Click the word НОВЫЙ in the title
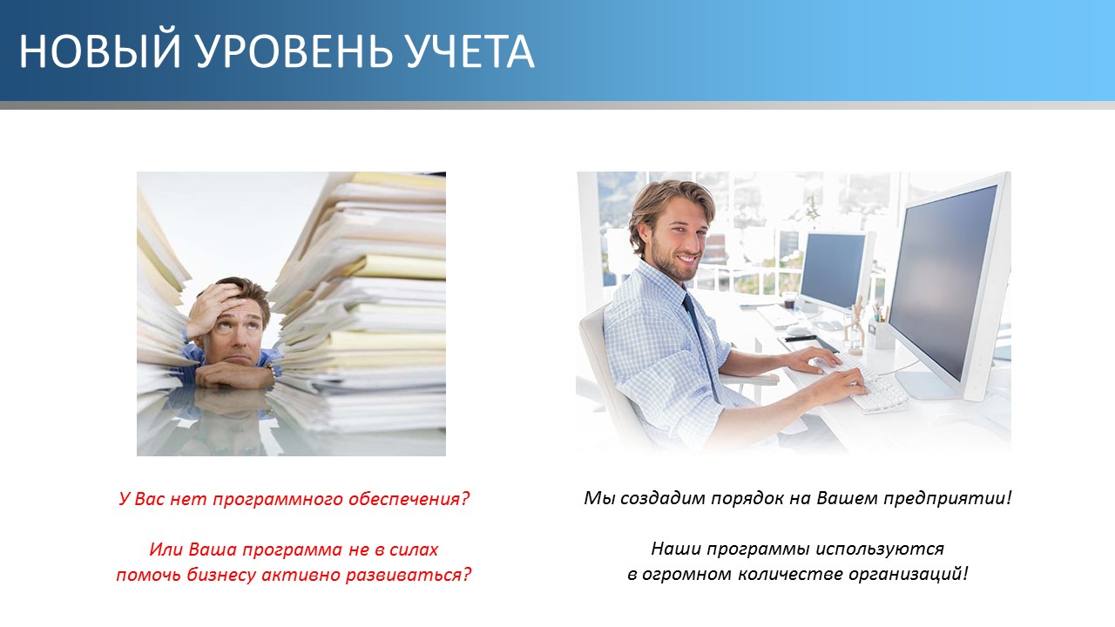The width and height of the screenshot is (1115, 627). [x=99, y=51]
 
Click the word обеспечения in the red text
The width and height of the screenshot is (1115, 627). [x=409, y=499]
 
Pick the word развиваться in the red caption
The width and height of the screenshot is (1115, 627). [x=409, y=576]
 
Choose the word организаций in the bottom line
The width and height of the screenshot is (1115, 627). [x=908, y=574]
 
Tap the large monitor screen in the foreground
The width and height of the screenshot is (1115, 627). [x=943, y=281]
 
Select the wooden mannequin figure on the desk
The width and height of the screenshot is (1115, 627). [x=855, y=326]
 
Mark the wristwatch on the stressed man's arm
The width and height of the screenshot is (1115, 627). [x=271, y=370]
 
